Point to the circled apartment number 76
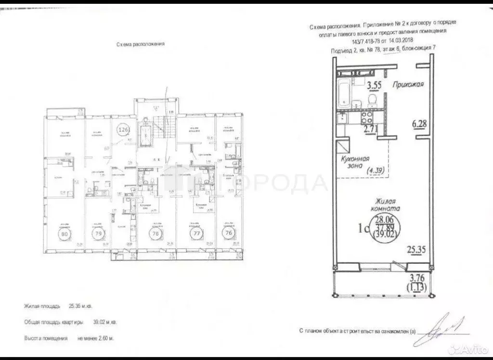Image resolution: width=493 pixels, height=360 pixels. (x=228, y=232)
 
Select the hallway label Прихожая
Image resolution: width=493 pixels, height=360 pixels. (x=407, y=85)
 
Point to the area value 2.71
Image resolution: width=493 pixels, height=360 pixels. (x=370, y=129)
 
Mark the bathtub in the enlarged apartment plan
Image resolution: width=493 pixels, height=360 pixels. (x=344, y=95)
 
